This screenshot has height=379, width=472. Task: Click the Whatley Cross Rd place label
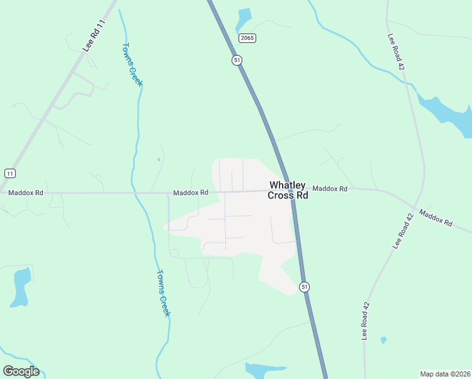[288, 190]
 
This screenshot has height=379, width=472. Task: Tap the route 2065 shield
[247, 39]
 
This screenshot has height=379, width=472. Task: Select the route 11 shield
[9, 173]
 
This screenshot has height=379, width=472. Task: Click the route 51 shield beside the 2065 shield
[237, 59]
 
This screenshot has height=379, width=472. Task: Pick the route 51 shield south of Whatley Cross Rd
[305, 286]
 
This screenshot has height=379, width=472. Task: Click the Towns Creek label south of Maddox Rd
[163, 293]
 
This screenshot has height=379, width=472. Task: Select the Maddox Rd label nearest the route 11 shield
[25, 192]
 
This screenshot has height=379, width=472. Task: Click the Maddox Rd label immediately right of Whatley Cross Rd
[330, 188]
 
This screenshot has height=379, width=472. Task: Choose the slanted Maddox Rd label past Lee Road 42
[435, 219]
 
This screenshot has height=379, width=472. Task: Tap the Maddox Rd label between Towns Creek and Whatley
[191, 192]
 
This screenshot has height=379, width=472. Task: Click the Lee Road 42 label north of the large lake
[396, 51]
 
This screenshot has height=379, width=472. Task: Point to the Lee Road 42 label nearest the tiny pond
[365, 321]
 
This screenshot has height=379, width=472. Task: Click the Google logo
[21, 371]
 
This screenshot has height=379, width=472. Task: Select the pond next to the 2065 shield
[244, 18]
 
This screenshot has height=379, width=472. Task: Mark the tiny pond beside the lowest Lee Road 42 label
[383, 340]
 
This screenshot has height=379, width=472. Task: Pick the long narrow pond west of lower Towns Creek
[20, 284]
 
